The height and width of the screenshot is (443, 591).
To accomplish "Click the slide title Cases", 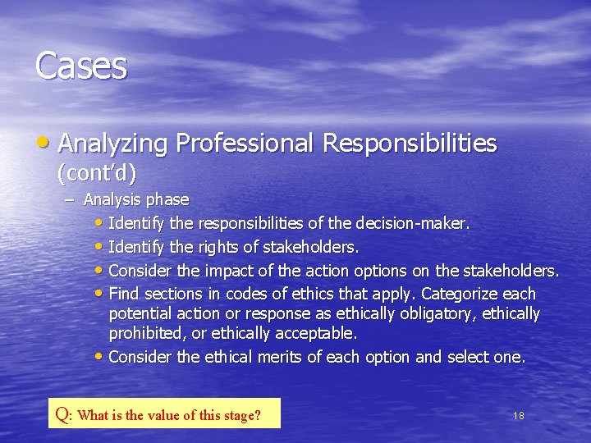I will (x=81, y=66).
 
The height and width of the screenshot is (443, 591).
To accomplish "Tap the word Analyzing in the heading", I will (x=113, y=144).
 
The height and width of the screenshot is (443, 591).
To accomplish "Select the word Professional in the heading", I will (x=245, y=144).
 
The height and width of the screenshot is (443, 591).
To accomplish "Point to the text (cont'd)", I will (x=96, y=173).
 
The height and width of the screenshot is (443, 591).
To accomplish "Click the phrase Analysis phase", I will (x=136, y=199).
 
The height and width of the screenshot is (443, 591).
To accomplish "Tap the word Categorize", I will (x=460, y=294).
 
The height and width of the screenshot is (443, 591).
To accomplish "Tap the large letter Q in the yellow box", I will (x=62, y=413).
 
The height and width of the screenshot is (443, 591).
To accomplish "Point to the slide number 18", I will (x=518, y=416).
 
